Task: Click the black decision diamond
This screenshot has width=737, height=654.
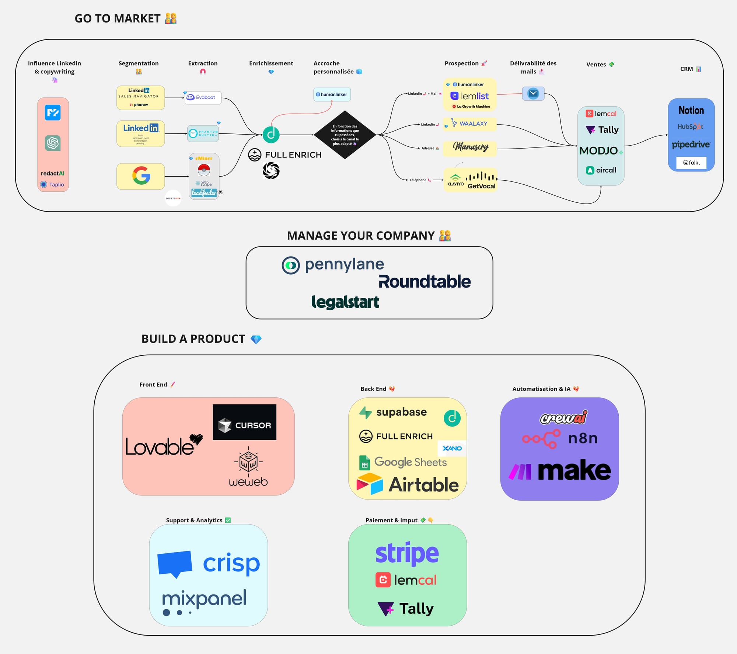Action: (x=345, y=135)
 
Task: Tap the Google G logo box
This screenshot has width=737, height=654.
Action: (x=141, y=176)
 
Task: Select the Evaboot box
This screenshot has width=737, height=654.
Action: (x=203, y=98)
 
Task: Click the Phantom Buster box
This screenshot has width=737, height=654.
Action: (x=203, y=133)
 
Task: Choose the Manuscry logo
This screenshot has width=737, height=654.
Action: (x=471, y=147)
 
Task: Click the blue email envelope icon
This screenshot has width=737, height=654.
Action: (x=533, y=94)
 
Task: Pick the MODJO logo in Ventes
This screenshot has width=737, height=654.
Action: (x=599, y=150)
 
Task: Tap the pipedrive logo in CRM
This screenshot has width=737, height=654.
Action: (x=691, y=144)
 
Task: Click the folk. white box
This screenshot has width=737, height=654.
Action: (x=691, y=163)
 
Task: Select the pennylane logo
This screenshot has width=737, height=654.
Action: (x=333, y=265)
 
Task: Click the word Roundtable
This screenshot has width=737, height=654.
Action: (x=425, y=282)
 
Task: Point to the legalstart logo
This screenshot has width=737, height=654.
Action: (x=345, y=302)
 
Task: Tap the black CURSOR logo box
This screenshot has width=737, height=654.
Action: (x=245, y=422)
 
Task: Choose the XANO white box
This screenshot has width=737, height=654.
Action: (x=452, y=448)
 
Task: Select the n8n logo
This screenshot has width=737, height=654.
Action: (x=560, y=439)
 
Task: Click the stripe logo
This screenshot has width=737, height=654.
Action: (x=407, y=553)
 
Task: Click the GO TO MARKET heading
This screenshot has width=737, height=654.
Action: (x=118, y=18)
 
